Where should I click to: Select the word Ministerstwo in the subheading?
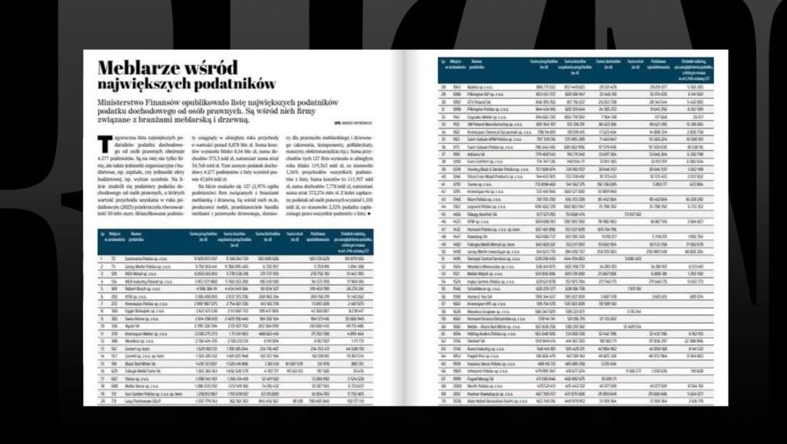(131, 102)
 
